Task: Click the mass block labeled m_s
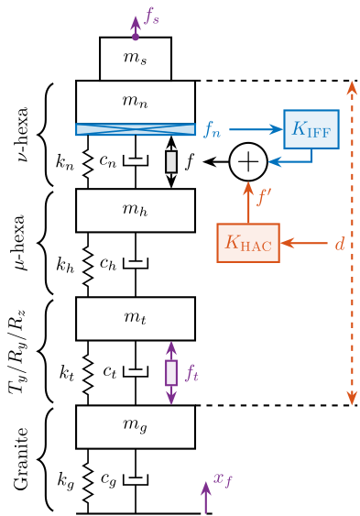136,59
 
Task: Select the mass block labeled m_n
136,102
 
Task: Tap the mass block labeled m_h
136,210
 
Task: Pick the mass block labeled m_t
136,318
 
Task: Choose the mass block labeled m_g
136,426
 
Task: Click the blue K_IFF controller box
311,129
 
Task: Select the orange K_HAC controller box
247,243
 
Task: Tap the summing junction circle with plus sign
247,162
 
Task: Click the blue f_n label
212,129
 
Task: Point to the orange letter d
339,243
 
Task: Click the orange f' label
264,195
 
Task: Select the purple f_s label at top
152,16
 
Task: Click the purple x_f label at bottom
223,479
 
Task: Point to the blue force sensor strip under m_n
136,129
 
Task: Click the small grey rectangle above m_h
171,161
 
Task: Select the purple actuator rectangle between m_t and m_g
170,372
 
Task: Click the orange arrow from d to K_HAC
304,243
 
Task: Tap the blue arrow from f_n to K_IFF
256,129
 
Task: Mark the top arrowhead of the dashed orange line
352,88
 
